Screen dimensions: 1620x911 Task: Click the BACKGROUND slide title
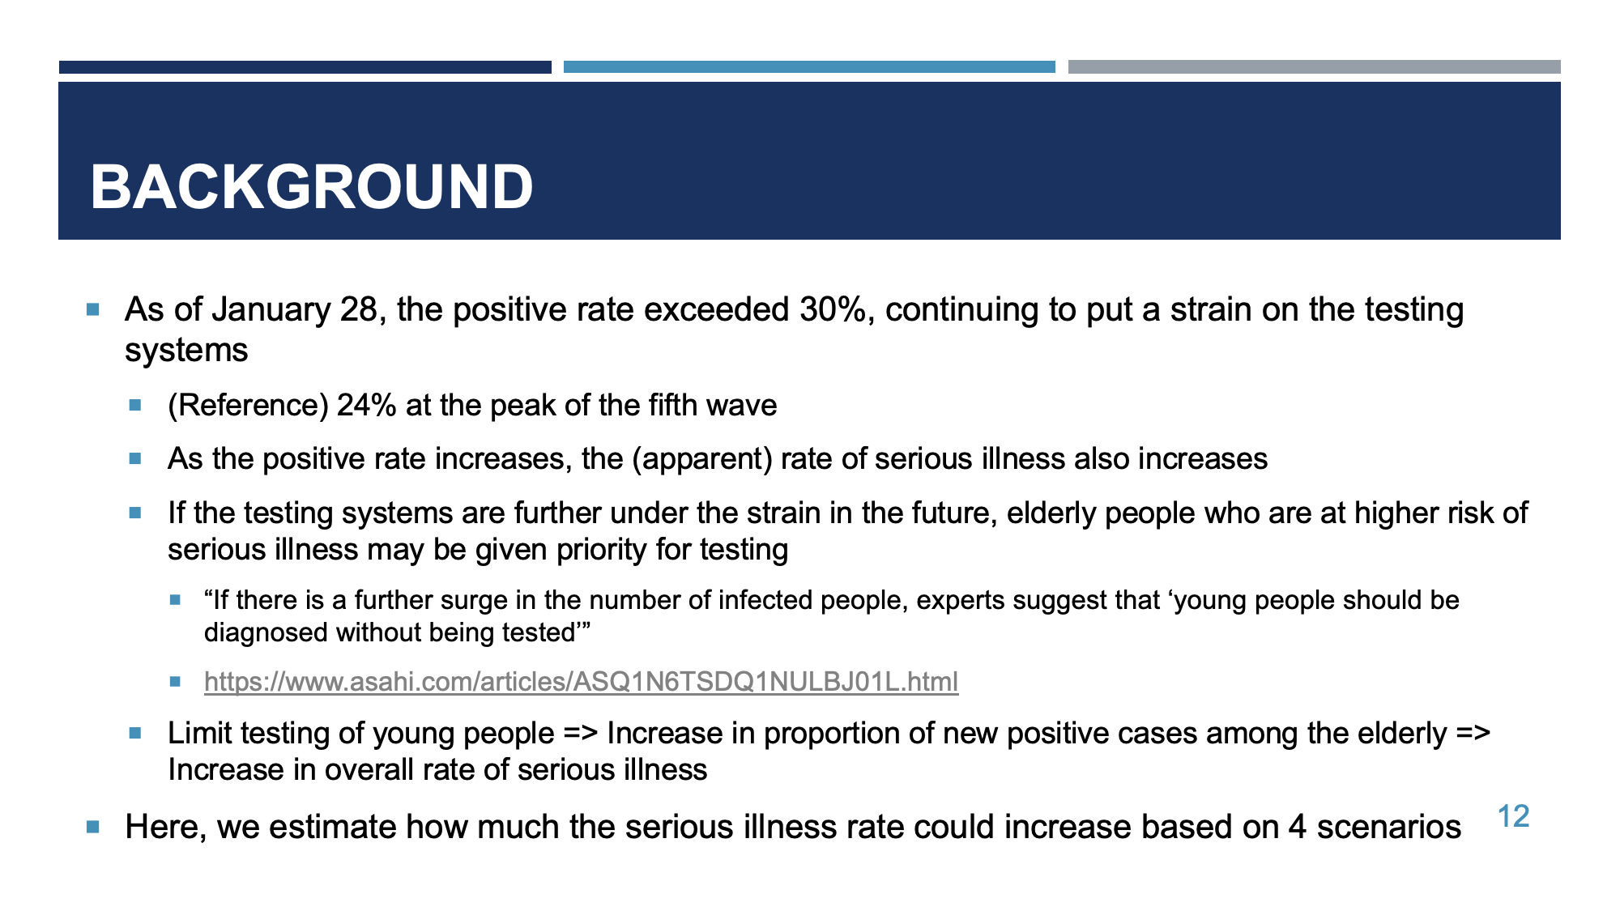[312, 187]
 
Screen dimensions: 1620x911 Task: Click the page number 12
[1513, 816]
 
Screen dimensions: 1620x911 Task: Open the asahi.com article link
[581, 682]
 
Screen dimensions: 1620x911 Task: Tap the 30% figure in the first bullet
[833, 309]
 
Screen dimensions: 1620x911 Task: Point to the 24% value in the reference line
[366, 405]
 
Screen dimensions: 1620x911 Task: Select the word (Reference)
[248, 406]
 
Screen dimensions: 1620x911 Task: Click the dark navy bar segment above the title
[305, 67]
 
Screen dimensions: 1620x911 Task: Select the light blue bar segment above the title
[809, 67]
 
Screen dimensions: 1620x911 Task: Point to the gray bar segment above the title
[1315, 67]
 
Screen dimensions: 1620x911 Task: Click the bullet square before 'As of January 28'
[93, 309]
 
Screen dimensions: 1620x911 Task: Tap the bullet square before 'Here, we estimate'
[93, 827]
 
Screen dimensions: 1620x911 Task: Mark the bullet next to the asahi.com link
[175, 682]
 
